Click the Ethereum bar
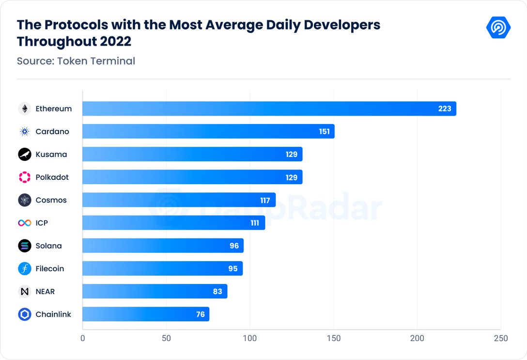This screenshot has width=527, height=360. tap(269, 109)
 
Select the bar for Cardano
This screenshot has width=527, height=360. tap(208, 131)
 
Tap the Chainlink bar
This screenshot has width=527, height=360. tap(146, 314)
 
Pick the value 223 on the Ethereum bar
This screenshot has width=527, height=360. tap(445, 109)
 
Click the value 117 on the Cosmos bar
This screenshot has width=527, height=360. tap(264, 200)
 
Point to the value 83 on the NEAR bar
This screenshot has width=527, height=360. tap(217, 291)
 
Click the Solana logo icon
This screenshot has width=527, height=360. tap(25, 246)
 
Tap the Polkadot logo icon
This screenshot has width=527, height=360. tap(25, 177)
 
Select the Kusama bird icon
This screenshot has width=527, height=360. tap(25, 155)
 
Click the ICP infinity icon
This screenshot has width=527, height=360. tap(25, 223)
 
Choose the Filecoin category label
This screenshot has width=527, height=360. tap(50, 268)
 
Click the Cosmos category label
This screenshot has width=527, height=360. tap(51, 200)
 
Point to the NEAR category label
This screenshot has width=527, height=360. tap(46, 291)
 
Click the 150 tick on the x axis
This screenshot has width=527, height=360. tap(334, 338)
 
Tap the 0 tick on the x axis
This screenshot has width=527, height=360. tap(83, 338)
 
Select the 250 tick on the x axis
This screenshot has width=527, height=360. tap(501, 338)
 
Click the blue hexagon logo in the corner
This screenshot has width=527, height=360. tap(498, 28)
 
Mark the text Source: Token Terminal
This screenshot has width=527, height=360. tap(76, 61)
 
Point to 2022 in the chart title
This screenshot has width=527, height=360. tap(116, 42)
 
